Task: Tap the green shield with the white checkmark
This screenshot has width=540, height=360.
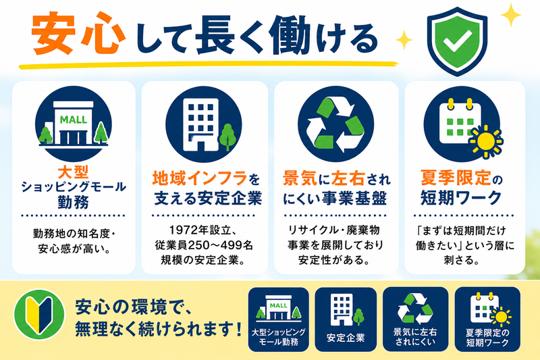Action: [457, 41]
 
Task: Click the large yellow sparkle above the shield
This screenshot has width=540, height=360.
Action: [511, 15]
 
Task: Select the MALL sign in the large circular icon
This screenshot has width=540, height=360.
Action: [74, 120]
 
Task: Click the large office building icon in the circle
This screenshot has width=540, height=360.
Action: [200, 125]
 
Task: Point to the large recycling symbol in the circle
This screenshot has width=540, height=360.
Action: [335, 124]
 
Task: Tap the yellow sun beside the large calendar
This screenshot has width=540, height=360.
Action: [486, 141]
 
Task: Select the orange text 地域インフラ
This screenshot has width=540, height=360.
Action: [200, 178]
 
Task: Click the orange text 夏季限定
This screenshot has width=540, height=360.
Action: [456, 178]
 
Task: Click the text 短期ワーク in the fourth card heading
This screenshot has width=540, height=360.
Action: [461, 197]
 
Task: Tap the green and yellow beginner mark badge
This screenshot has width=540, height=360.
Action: [39, 314]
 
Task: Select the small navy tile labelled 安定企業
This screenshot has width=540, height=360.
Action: [346, 319]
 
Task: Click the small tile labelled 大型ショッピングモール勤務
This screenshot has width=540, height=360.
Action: [278, 319]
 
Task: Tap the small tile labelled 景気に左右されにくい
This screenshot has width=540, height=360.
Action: [415, 319]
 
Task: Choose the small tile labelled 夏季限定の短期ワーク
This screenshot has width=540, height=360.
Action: [487, 319]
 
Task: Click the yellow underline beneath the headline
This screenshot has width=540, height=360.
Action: [209, 64]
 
